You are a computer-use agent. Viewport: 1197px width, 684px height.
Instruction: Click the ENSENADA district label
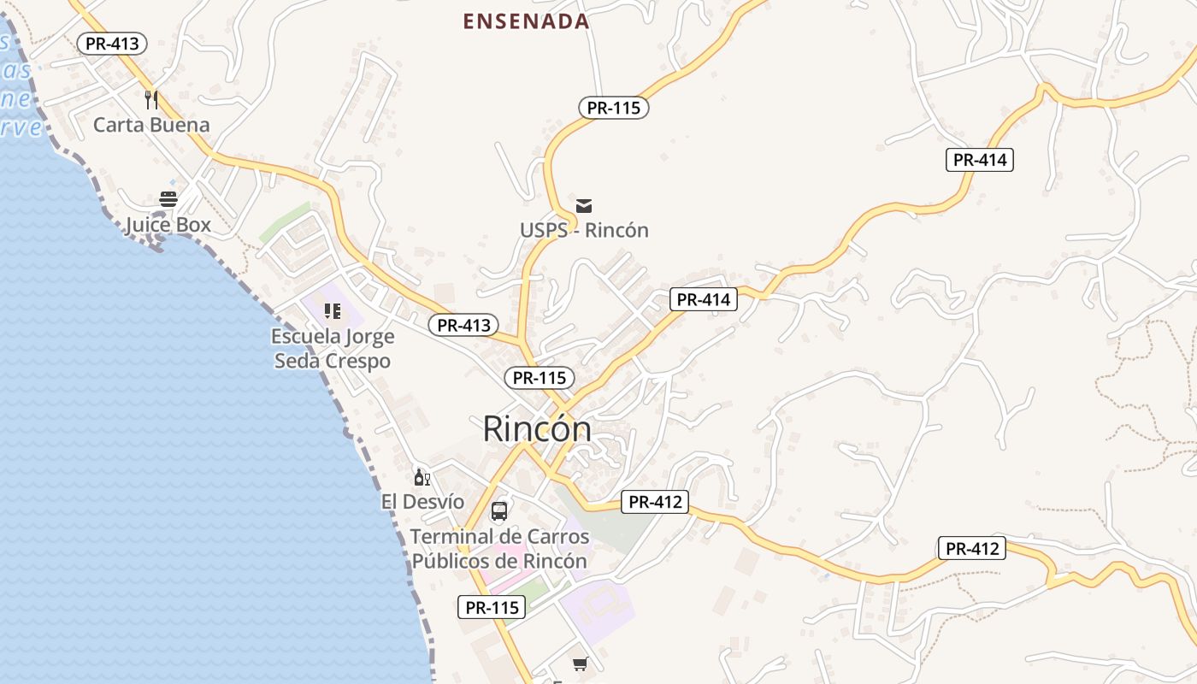pos(526,21)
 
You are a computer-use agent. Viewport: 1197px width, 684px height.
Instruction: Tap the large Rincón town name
pos(537,428)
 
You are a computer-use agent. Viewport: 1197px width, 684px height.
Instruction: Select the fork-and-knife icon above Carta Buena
pos(151,100)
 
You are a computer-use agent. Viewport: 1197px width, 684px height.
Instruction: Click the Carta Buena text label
pos(151,125)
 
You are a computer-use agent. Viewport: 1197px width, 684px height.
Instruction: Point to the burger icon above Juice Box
pos(168,200)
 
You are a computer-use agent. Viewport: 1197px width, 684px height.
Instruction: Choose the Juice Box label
pos(168,226)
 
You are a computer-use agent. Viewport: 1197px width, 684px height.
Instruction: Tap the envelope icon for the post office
pos(584,205)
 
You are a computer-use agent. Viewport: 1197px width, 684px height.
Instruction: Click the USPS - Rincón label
pos(584,230)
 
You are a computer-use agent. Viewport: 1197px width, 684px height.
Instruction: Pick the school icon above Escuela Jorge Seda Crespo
pos(333,311)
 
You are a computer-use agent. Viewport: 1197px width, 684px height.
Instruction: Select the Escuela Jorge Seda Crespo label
pos(333,348)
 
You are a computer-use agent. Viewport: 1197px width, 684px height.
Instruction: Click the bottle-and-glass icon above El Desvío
pos(422,477)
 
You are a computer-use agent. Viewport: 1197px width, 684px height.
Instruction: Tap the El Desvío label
pos(422,502)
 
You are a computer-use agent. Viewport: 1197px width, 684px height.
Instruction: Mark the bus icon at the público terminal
pos(499,512)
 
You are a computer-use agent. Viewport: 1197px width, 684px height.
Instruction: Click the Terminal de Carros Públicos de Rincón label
pos(499,549)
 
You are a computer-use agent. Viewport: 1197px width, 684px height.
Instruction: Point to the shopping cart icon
pos(581,663)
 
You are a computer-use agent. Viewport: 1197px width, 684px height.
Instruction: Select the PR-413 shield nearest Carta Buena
pos(112,44)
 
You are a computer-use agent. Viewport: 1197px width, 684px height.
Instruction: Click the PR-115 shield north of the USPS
pos(614,108)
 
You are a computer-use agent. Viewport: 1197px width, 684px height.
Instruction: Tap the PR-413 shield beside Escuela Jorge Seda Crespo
pos(463,325)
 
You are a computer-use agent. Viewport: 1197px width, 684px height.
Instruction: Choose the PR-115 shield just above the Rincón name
pos(539,378)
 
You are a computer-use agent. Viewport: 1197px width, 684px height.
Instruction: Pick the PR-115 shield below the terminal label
pos(491,608)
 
